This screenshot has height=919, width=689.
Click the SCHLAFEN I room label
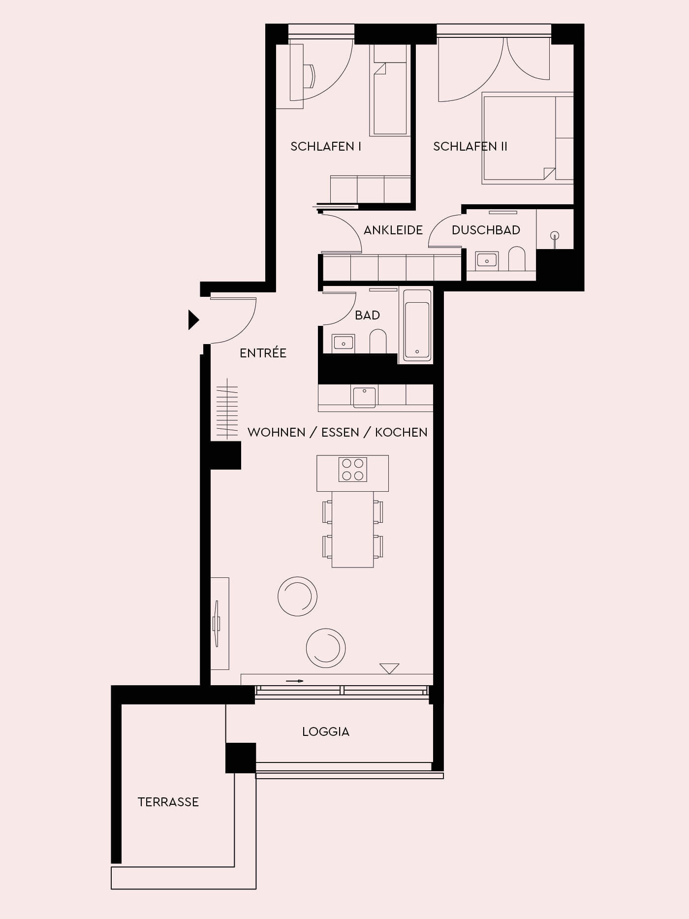point(326,146)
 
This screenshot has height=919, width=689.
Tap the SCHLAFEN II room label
point(470,146)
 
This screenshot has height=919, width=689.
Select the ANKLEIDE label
point(393,230)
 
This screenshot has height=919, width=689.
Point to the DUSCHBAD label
point(486,230)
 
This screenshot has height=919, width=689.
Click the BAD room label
point(367,315)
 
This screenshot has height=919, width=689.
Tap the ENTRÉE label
point(263,352)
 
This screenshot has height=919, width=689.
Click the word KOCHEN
point(401,432)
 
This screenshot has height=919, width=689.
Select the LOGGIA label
point(326,731)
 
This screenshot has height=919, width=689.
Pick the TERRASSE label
point(168,802)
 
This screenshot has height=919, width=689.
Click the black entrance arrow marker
point(193,320)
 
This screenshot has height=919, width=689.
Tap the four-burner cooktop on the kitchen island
point(353,469)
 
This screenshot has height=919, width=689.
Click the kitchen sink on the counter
point(364,397)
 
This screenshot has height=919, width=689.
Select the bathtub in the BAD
point(417,325)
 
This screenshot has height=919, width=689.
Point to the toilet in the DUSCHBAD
point(517,259)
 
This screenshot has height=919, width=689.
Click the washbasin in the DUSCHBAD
point(487,260)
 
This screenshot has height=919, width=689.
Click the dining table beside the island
point(352,529)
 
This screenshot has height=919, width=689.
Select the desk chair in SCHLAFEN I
point(310,76)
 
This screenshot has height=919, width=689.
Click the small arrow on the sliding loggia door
point(295,681)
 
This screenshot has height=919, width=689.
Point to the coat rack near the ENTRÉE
point(227,409)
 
